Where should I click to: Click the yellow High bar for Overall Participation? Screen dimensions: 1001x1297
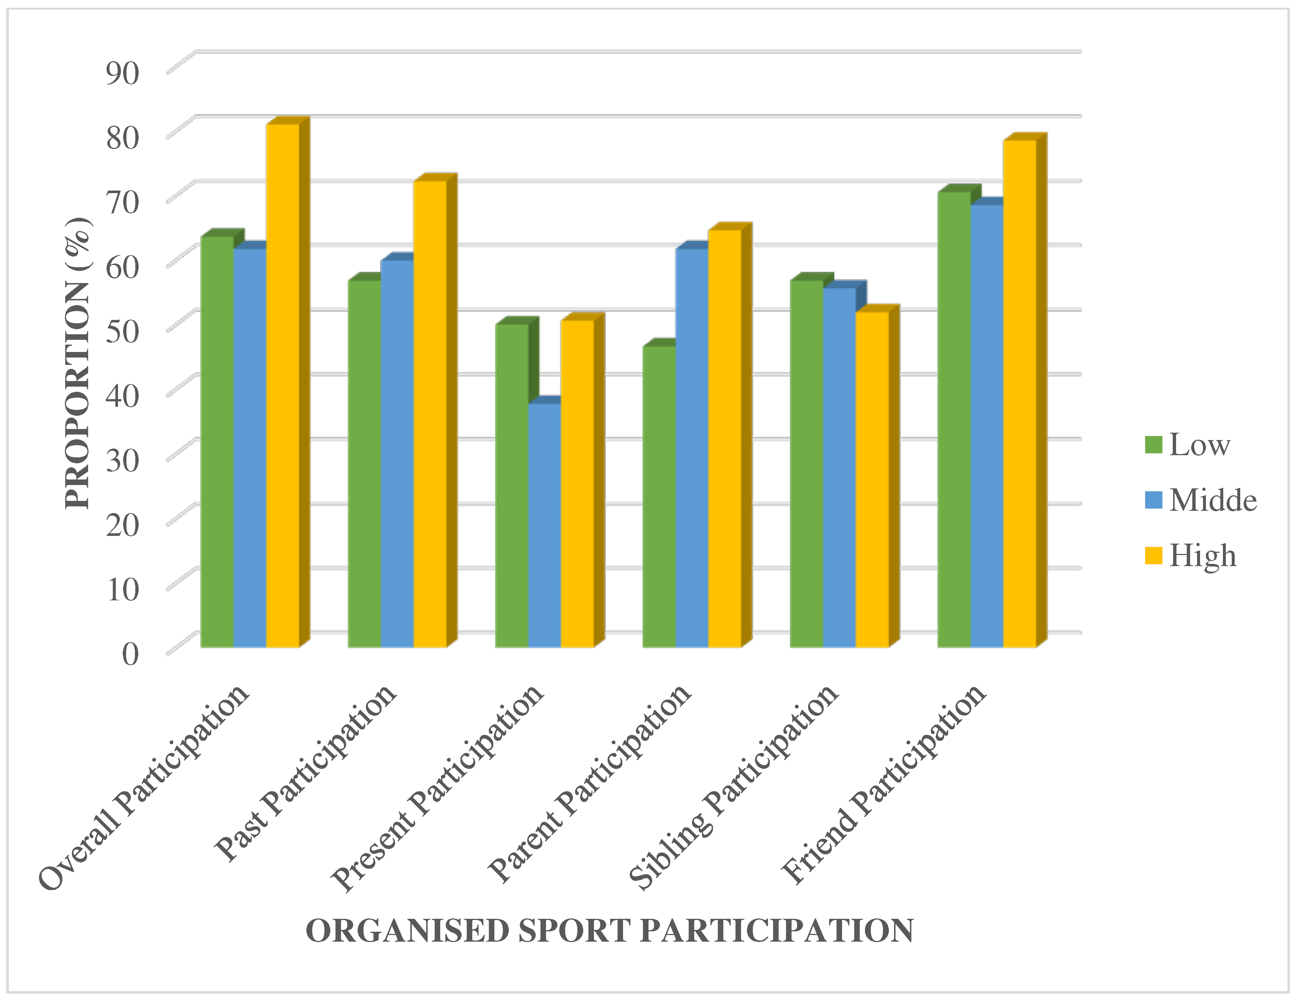tap(283, 386)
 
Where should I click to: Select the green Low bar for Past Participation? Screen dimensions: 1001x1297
tap(364, 463)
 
